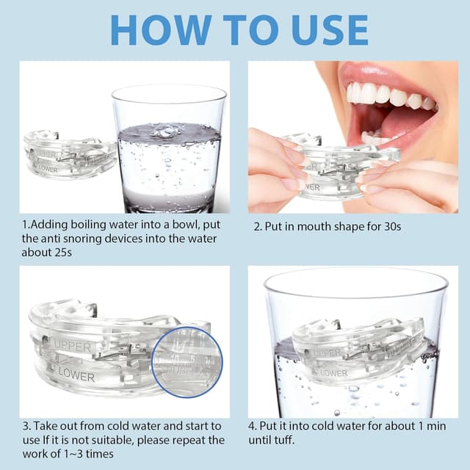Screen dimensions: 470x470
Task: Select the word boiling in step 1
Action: click(x=88, y=225)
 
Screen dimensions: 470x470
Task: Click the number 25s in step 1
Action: click(x=63, y=253)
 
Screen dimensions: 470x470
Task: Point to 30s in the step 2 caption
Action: click(x=392, y=226)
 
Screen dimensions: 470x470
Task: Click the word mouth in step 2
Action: click(x=314, y=226)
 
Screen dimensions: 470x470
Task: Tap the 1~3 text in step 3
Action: click(x=73, y=454)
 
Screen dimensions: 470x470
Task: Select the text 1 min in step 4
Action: click(x=431, y=426)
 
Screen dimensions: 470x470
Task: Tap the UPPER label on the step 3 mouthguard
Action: click(x=73, y=347)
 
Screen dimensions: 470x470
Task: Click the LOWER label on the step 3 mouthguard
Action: click(x=76, y=375)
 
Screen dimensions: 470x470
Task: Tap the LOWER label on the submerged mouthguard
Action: click(x=333, y=373)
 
